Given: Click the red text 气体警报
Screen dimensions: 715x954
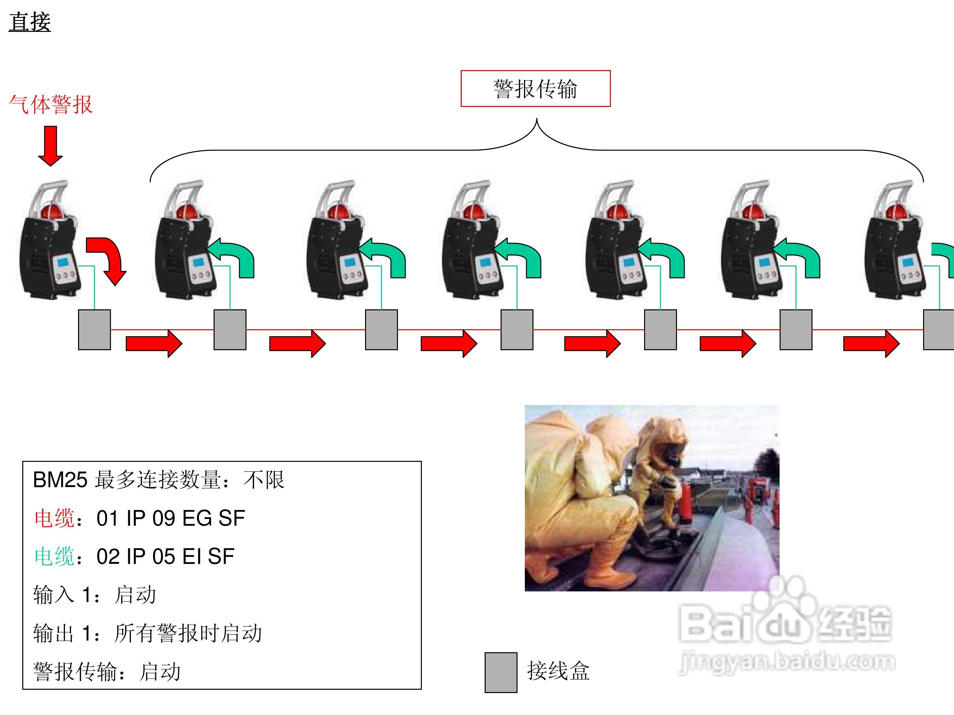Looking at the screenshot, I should click(50, 104).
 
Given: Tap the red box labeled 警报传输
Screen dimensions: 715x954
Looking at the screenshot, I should click(535, 88).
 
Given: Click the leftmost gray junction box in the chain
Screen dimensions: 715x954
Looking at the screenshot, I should click(94, 329).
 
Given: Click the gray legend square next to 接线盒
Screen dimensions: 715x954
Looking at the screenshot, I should click(501, 672).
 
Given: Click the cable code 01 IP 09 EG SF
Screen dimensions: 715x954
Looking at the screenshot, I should click(170, 518).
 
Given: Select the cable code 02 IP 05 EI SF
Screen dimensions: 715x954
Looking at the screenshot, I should click(165, 556).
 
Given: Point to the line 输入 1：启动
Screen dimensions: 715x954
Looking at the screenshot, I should click(94, 595).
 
